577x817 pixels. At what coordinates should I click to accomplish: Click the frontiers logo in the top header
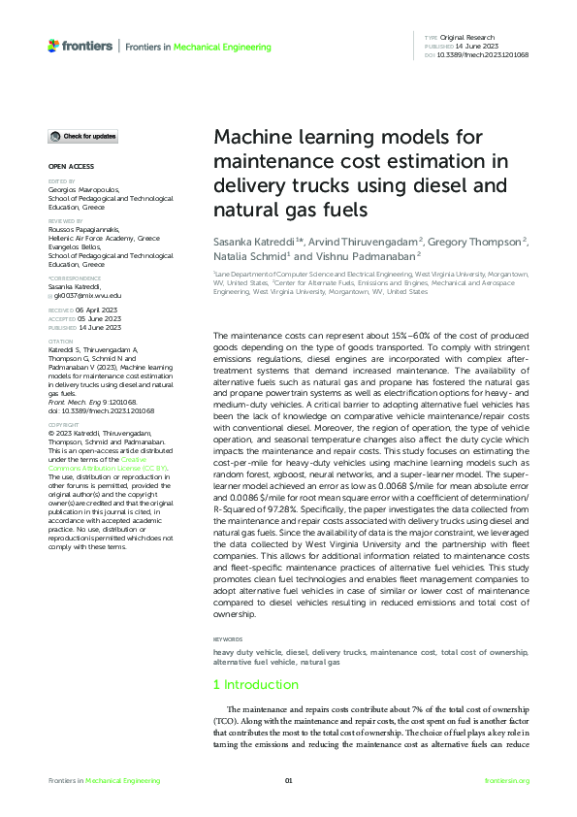tap(79, 46)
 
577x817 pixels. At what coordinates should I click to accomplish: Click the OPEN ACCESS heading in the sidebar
tap(71, 166)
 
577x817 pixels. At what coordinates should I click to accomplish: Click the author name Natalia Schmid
tap(250, 256)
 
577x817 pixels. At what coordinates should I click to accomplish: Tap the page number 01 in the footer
tap(288, 781)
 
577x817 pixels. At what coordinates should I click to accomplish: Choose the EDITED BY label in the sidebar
tap(60, 181)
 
